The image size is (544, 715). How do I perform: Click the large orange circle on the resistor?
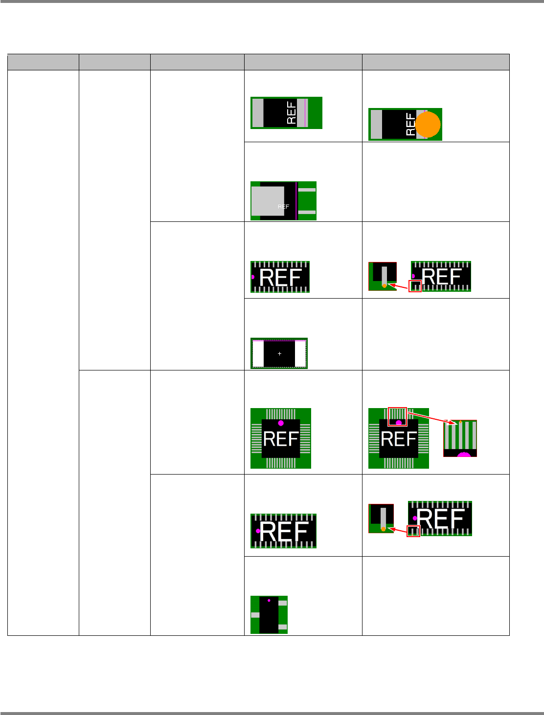pyautogui.click(x=428, y=124)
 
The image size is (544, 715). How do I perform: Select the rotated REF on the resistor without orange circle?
pyautogui.click(x=291, y=112)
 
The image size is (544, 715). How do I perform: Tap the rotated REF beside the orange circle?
pyautogui.click(x=410, y=125)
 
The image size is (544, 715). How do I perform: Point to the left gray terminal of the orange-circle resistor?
pyautogui.click(x=376, y=125)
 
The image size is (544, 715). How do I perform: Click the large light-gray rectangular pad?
pyautogui.click(x=268, y=201)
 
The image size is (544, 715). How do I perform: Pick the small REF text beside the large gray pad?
pyautogui.click(x=283, y=207)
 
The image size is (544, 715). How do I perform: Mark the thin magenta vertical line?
pyautogui.click(x=296, y=201)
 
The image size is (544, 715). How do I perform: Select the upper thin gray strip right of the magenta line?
pyautogui.click(x=307, y=190)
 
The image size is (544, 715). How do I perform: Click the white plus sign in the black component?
pyautogui.click(x=279, y=353)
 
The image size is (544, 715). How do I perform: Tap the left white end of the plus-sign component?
pyautogui.click(x=258, y=353)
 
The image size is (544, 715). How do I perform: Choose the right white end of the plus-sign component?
pyautogui.click(x=300, y=353)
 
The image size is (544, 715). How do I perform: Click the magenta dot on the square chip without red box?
pyautogui.click(x=281, y=423)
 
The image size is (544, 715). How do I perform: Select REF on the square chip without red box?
pyautogui.click(x=281, y=439)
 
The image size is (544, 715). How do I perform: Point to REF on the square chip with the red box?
pyautogui.click(x=399, y=439)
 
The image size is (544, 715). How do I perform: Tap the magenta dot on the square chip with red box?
pyautogui.click(x=399, y=423)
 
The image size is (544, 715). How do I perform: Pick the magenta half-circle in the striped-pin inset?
pyautogui.click(x=464, y=455)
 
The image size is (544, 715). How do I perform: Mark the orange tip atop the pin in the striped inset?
pyautogui.click(x=460, y=422)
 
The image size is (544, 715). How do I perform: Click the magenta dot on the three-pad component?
pyautogui.click(x=269, y=600)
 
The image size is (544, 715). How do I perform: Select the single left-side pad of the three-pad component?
pyautogui.click(x=255, y=615)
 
